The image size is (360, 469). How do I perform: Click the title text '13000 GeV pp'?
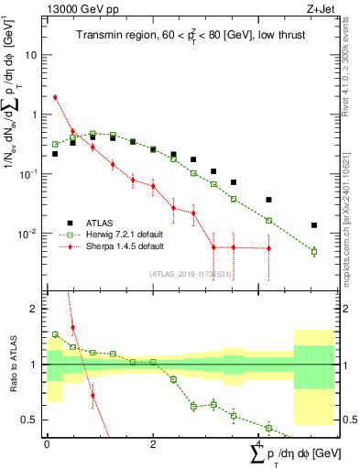pyautogui.click(x=74, y=8)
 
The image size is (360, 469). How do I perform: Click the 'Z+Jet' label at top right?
pyautogui.click(x=316, y=8)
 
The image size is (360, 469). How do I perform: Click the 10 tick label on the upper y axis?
pyautogui.click(x=34, y=55)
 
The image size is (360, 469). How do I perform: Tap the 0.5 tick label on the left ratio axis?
pyautogui.click(x=32, y=420)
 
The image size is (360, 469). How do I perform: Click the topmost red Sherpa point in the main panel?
pyautogui.click(x=56, y=97)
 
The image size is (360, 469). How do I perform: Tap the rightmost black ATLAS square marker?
pyautogui.click(x=313, y=225)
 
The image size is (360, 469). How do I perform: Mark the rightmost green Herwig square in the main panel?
pyautogui.click(x=313, y=251)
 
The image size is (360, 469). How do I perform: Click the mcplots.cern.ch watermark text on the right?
pyautogui.click(x=352, y=238)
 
